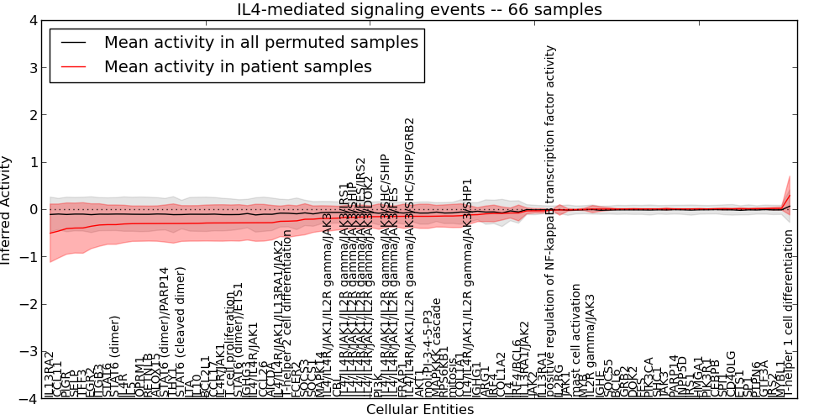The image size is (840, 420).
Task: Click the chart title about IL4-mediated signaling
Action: pos(419,10)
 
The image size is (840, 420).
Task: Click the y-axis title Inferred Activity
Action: pos(7,209)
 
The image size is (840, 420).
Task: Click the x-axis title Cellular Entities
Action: pos(419,410)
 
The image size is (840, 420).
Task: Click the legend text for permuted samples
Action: pos(260,41)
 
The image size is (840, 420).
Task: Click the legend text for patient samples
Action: pos(238,66)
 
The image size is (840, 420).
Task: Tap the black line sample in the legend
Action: pos(74,41)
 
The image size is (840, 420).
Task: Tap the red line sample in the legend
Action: pos(74,66)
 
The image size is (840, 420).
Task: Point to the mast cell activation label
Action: pos(575,340)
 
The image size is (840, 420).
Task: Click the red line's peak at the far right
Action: pos(790,195)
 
